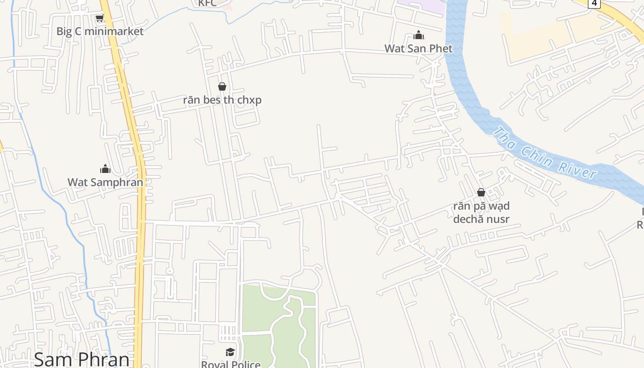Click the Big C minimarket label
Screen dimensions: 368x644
pos(100,31)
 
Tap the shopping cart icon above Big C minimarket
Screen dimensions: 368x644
pos(99,18)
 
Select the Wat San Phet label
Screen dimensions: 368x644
pos(418,48)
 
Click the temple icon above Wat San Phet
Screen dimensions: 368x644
pos(419,35)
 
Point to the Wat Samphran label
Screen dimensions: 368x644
pos(105,182)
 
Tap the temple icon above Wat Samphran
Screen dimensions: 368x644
pos(105,169)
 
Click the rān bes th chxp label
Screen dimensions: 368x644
pos(222,100)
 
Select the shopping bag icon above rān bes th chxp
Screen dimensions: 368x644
pos(222,86)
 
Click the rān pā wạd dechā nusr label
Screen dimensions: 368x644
pos(481,212)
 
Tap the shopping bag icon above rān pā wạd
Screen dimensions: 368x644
pos(481,192)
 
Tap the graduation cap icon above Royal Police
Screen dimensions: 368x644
pos(230,352)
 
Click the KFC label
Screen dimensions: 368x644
pos(207,4)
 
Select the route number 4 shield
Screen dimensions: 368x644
pos(594,3)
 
